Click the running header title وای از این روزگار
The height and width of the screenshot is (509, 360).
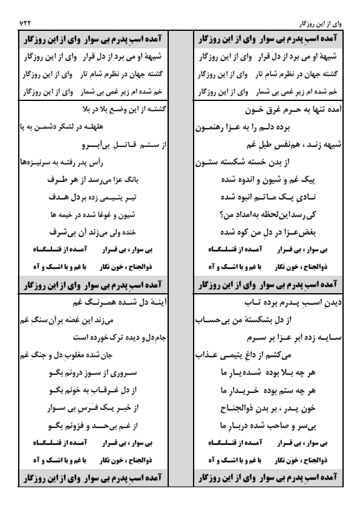(321, 23)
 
